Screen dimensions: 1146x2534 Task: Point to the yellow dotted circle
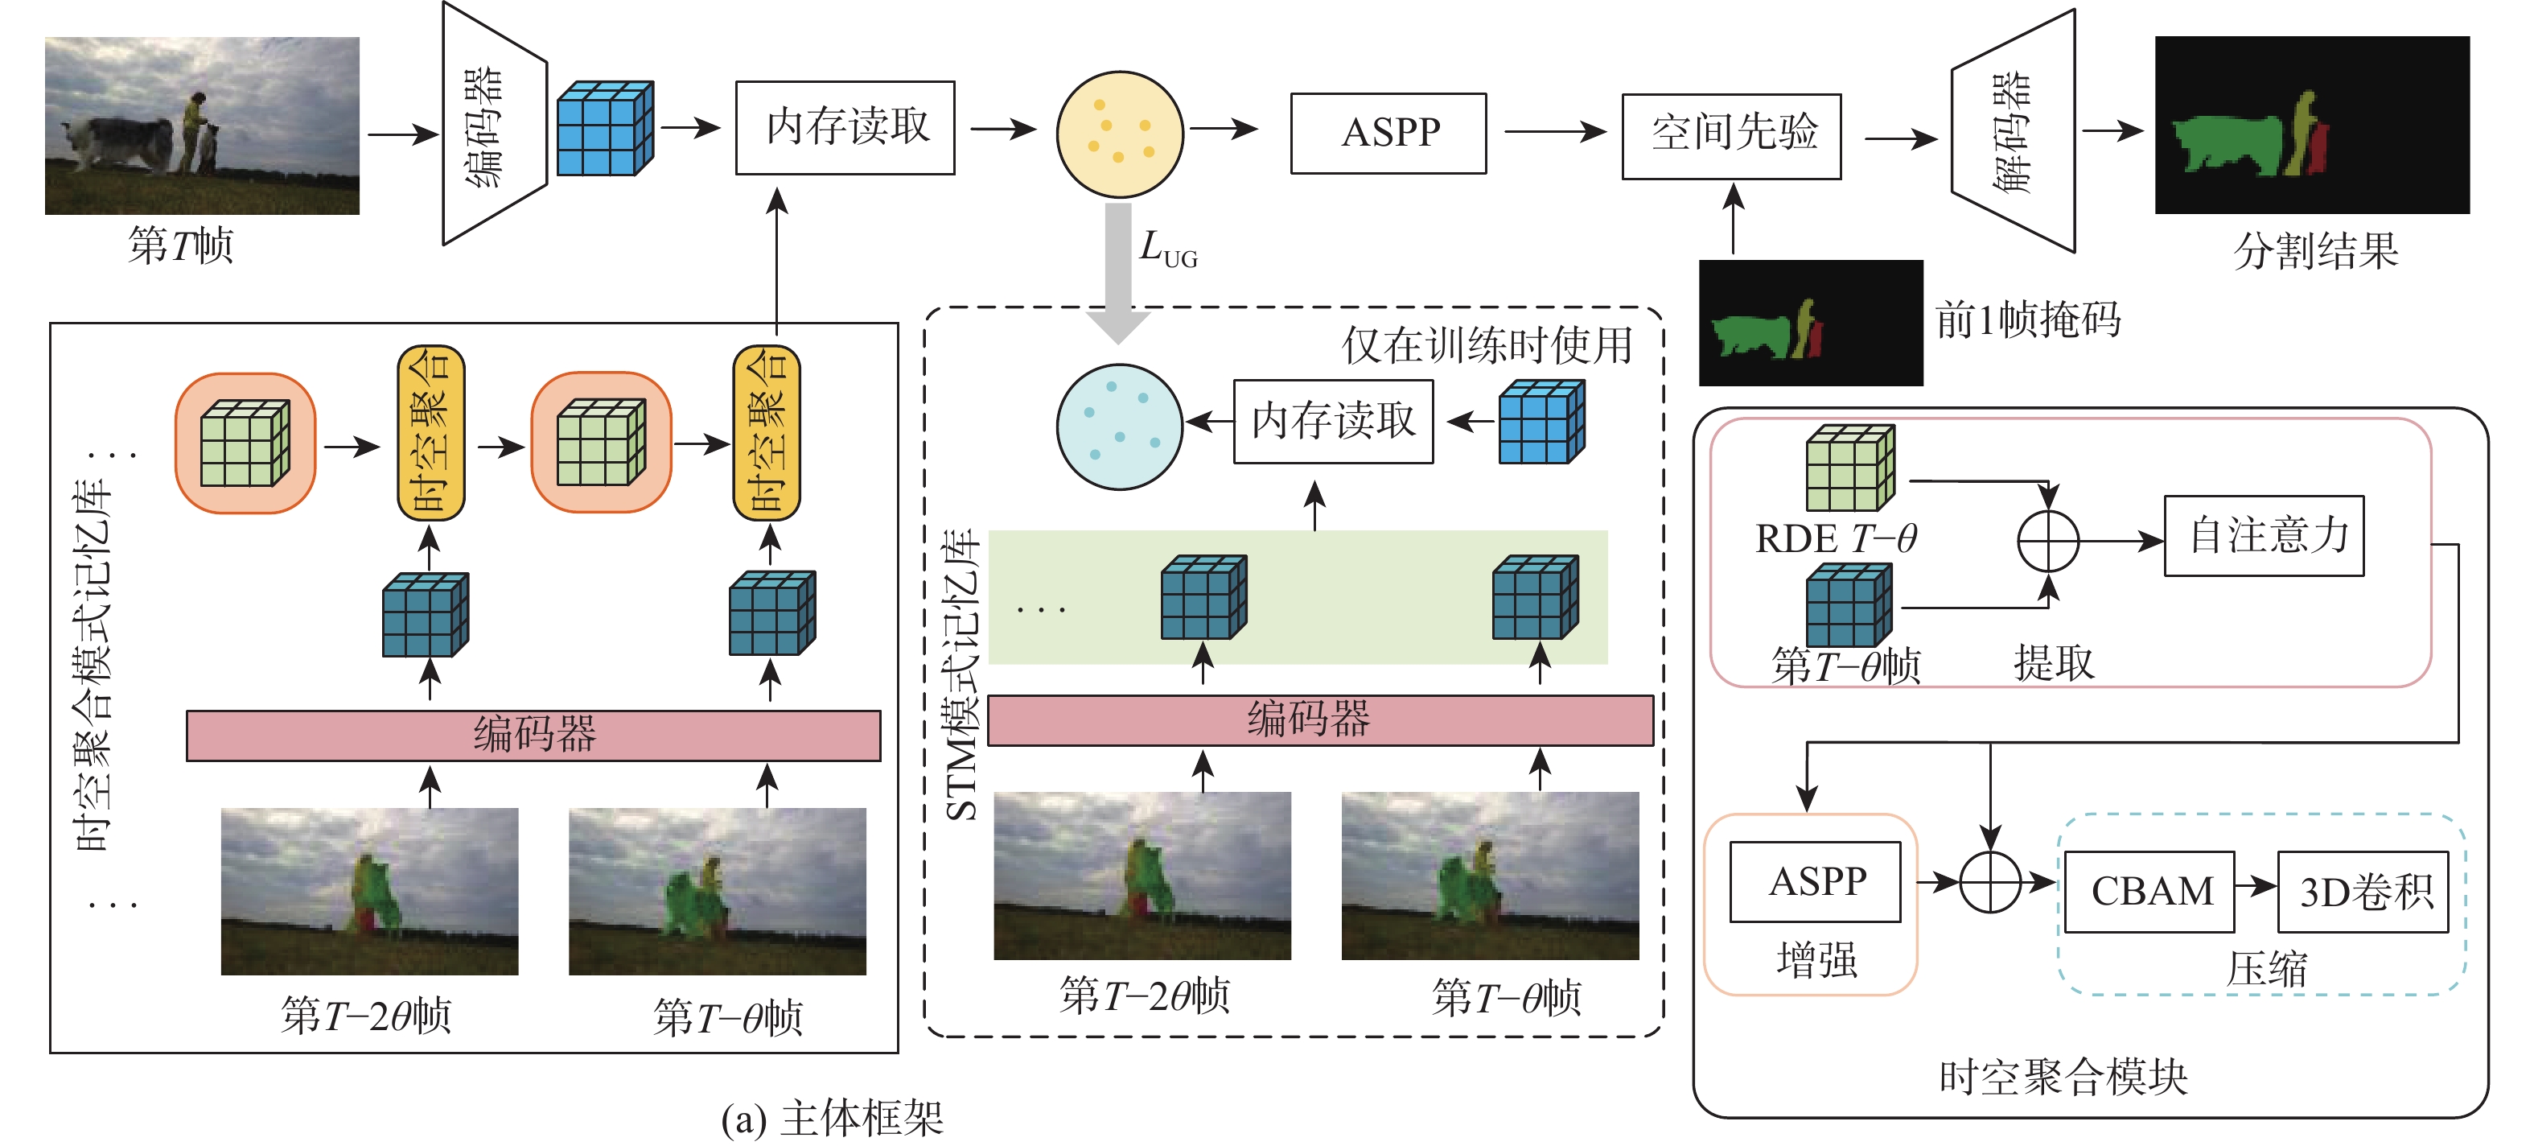click(x=1120, y=134)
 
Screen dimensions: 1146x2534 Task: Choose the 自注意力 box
click(x=2264, y=535)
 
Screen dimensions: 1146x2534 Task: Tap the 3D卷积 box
click(x=2363, y=891)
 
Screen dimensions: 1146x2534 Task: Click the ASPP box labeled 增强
click(x=1815, y=881)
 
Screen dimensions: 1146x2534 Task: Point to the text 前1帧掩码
click(x=2028, y=320)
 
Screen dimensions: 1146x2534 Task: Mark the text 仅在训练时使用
click(x=1487, y=345)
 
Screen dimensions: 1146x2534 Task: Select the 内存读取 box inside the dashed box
click(x=1333, y=421)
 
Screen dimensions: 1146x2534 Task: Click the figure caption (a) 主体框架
click(x=833, y=1119)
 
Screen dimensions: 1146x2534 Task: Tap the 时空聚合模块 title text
click(x=2063, y=1077)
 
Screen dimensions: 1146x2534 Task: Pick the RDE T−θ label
click(x=1836, y=538)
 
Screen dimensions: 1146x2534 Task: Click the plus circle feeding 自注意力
click(x=2048, y=541)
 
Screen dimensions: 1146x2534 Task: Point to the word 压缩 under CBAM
click(x=2266, y=970)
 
